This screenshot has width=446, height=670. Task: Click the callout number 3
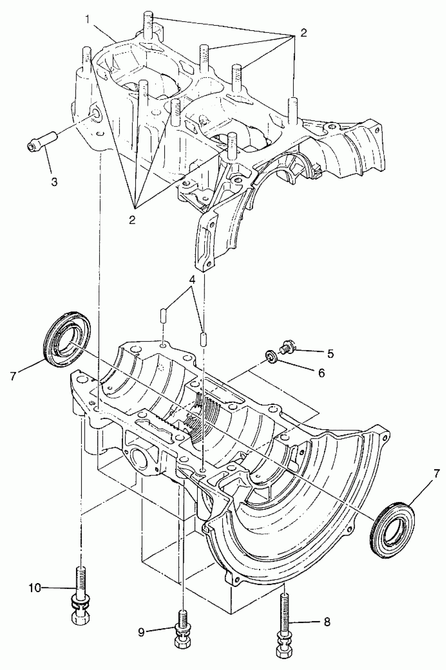(54, 182)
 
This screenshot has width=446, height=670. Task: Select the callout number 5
(330, 354)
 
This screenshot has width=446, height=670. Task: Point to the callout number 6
(321, 373)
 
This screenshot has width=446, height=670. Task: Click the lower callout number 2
(132, 220)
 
